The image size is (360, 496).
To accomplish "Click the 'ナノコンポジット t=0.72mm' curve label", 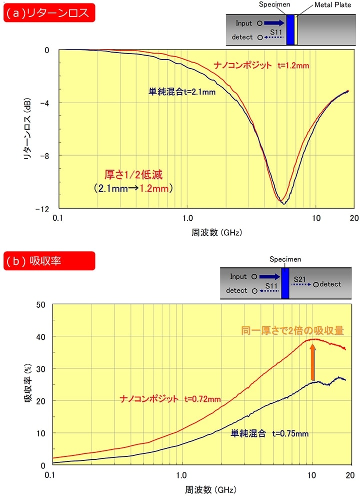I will click(171, 399).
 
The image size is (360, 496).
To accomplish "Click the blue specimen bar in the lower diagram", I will click(285, 282).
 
